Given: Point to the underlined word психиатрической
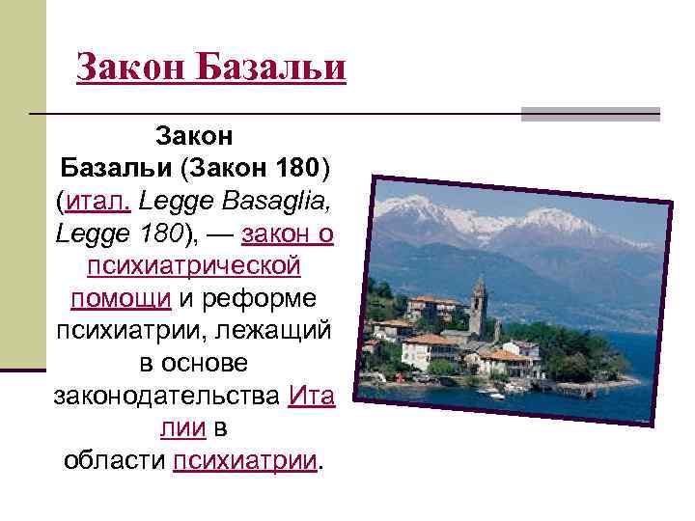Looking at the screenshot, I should [x=194, y=265].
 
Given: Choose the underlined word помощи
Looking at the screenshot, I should [x=121, y=298].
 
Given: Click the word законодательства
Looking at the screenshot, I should [x=166, y=396].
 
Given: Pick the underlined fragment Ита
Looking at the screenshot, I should [x=311, y=396].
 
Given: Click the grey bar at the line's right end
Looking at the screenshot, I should [x=590, y=114].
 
